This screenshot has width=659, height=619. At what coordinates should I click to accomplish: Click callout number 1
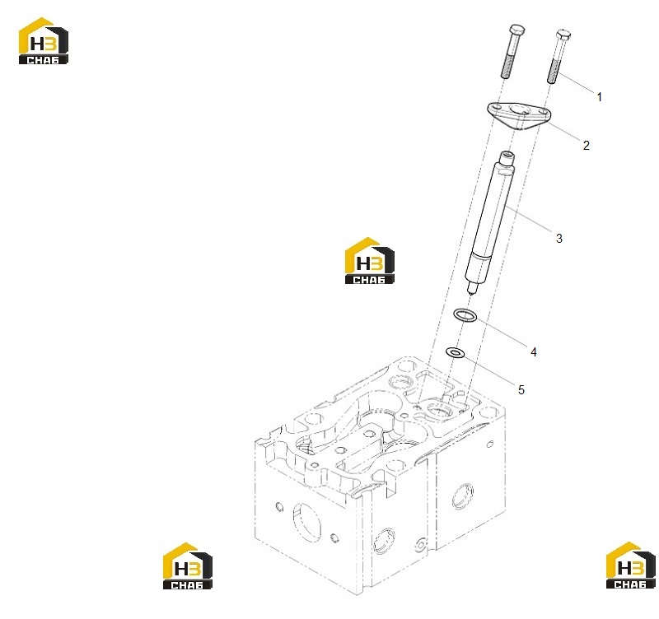click(600, 97)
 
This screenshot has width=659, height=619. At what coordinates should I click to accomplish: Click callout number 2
click(587, 146)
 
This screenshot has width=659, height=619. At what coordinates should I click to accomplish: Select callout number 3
click(559, 239)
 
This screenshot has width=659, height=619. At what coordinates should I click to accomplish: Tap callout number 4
click(534, 352)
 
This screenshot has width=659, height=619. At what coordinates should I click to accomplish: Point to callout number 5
click(521, 390)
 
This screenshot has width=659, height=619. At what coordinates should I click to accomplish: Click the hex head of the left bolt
click(516, 30)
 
